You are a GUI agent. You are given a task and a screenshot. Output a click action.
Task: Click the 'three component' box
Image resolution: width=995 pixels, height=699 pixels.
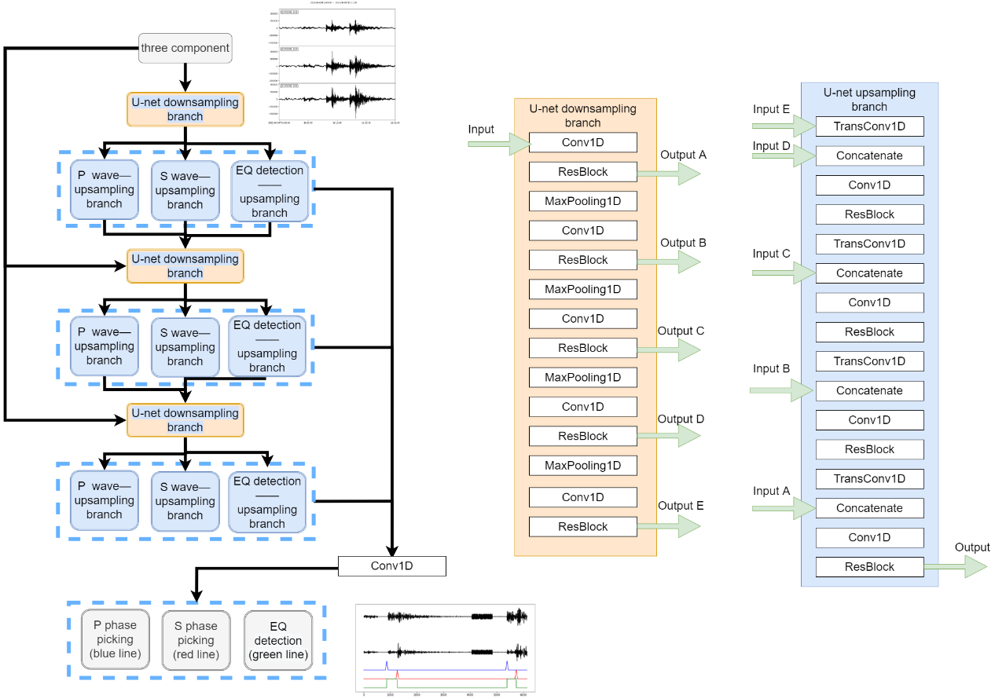(185, 48)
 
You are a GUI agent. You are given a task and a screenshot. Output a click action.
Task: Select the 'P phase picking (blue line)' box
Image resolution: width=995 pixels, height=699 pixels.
(115, 640)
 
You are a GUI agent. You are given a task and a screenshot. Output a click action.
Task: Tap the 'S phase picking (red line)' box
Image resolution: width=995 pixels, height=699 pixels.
(196, 640)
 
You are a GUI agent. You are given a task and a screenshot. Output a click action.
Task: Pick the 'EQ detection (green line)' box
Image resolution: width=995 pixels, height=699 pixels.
(277, 640)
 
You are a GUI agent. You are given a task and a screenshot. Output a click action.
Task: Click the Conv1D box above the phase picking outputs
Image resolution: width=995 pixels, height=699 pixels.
(391, 565)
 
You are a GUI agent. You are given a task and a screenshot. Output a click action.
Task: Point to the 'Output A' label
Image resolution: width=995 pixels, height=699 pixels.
(683, 155)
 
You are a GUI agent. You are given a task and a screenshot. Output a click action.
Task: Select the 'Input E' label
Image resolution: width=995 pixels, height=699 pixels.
(771, 109)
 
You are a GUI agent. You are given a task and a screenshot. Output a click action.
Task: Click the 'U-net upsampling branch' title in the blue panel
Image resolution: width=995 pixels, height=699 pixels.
(869, 100)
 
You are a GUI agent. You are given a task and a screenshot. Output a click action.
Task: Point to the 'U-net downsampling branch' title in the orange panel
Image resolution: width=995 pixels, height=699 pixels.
(582, 115)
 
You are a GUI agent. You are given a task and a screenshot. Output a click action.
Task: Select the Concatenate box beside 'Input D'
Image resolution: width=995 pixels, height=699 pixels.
(869, 156)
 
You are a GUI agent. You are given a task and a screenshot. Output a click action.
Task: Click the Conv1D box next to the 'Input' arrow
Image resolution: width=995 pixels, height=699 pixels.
(582, 143)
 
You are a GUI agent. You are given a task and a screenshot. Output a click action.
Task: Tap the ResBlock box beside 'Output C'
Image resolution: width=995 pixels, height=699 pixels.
(582, 348)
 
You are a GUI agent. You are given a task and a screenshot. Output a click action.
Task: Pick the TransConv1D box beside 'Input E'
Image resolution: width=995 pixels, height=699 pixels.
(869, 126)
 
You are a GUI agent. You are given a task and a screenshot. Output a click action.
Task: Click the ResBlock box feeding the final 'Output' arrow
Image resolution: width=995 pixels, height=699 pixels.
(869, 566)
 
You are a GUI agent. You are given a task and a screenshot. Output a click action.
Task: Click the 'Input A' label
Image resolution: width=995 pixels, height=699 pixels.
(771, 491)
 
